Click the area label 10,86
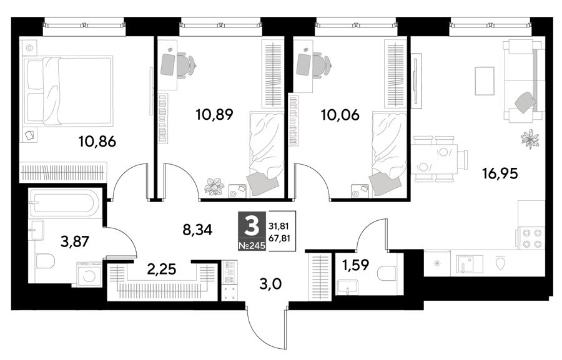click(x=97, y=142)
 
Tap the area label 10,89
click(x=214, y=115)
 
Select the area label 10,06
click(x=340, y=115)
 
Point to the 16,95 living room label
click(x=500, y=173)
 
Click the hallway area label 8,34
click(x=197, y=230)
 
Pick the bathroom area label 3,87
click(x=75, y=241)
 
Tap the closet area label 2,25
click(x=162, y=269)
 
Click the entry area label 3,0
click(x=270, y=284)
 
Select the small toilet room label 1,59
click(x=356, y=265)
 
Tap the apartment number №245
click(x=252, y=245)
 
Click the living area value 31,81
click(x=279, y=226)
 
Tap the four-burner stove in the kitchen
click(x=532, y=238)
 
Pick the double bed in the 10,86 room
click(x=68, y=90)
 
